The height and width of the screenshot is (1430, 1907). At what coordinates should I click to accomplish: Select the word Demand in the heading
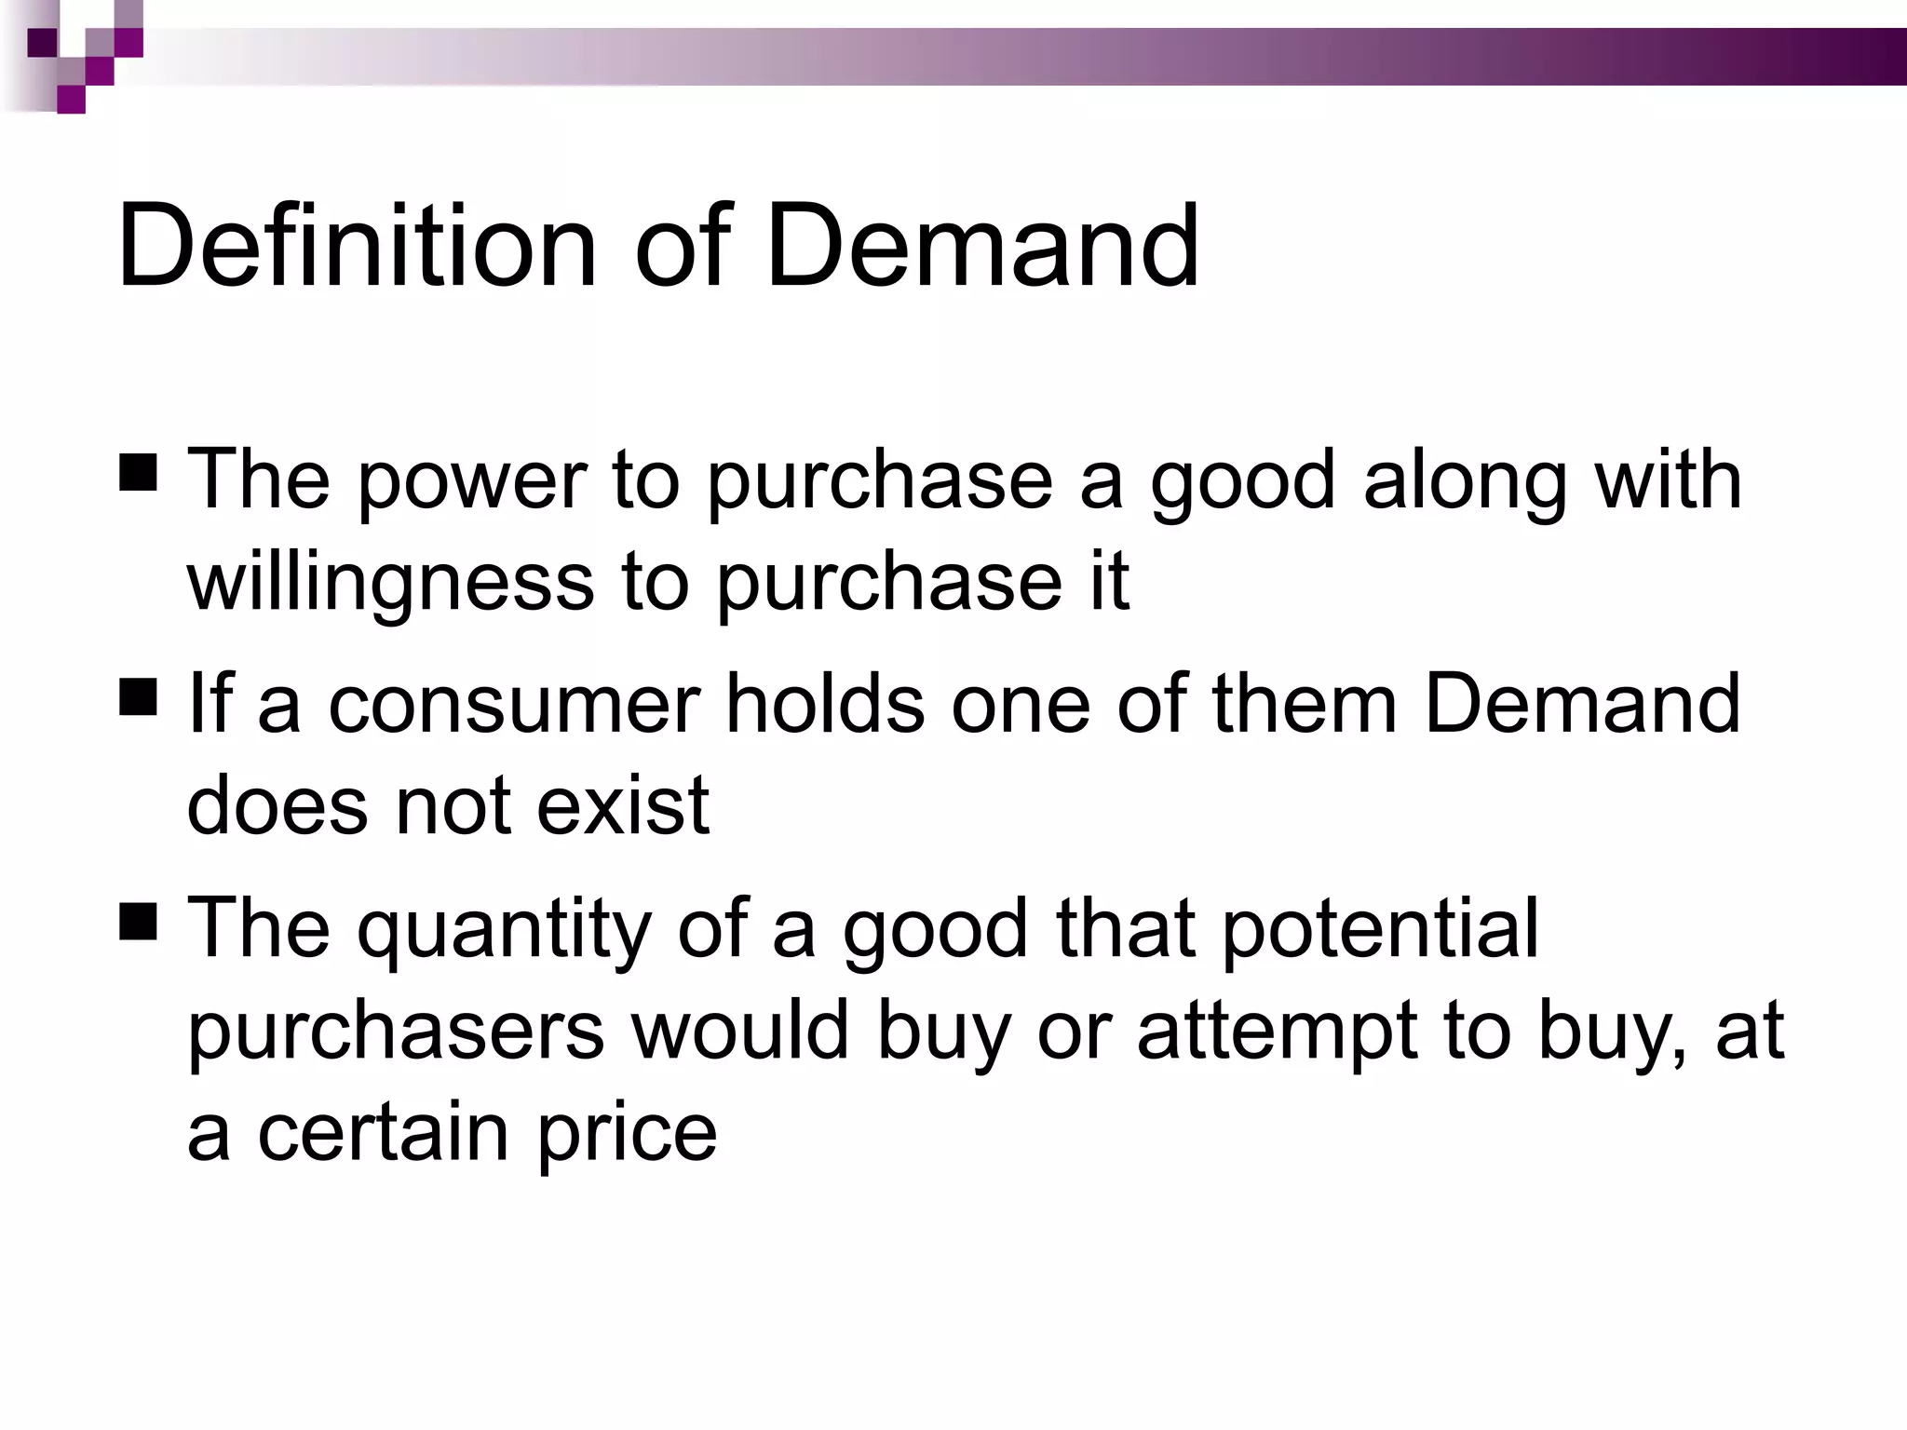coord(982,246)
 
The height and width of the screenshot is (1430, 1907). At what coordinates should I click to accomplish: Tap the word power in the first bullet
coord(471,481)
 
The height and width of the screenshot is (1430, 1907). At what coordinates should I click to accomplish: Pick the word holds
coord(825,704)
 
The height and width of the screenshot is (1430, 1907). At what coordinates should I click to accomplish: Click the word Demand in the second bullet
coord(1582,704)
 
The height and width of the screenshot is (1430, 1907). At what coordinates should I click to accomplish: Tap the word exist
coord(623,804)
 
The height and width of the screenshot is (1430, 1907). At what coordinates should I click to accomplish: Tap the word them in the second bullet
coord(1305,704)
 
